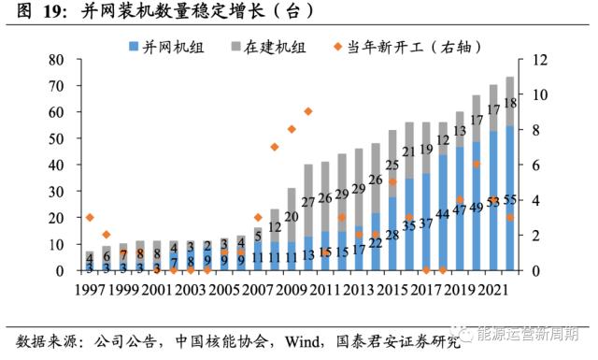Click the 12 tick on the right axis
point(539,60)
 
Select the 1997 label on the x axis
point(90,291)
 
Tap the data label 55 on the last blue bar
point(510,200)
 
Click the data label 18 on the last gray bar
point(510,104)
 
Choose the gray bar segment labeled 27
point(308,201)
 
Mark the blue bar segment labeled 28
point(392,235)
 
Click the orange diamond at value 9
point(308,111)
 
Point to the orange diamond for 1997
point(90,217)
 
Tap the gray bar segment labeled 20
point(292,217)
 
